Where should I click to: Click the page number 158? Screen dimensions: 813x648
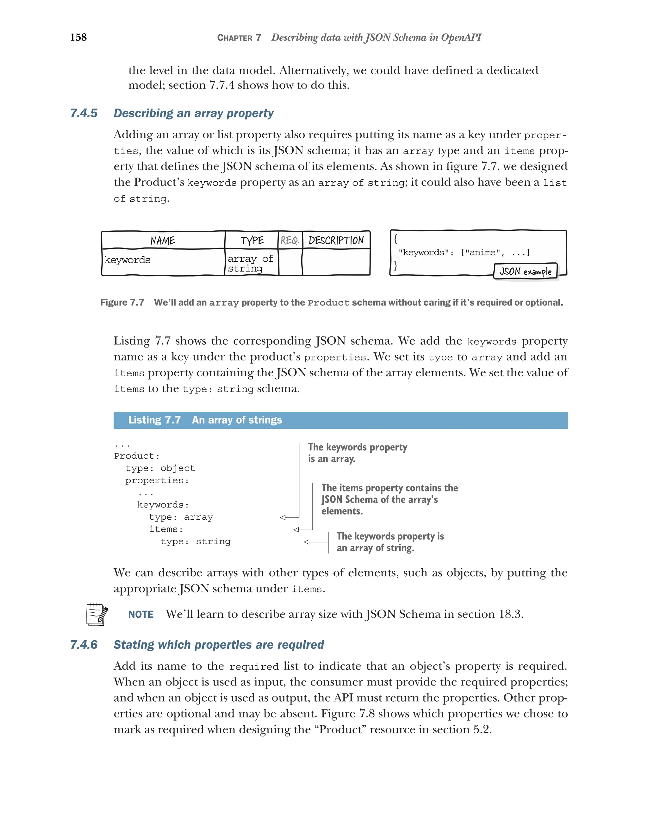[78, 37]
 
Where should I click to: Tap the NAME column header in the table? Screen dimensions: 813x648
[162, 240]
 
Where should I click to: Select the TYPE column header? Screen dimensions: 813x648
[252, 240]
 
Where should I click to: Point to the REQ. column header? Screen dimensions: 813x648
[290, 240]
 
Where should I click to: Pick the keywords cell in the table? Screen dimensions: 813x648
[128, 260]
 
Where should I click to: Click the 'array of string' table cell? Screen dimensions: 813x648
[250, 263]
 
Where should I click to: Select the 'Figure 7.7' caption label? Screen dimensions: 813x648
[122, 303]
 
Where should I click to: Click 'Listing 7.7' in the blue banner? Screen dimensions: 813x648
[154, 420]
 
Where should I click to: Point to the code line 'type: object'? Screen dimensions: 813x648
[160, 468]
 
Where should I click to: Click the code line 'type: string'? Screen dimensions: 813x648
[195, 541]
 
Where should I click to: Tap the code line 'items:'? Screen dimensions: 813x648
[166, 529]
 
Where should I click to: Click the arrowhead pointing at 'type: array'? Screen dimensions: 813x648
[283, 517]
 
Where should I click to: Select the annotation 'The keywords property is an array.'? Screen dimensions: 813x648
[357, 453]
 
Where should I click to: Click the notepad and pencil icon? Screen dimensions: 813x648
[97, 614]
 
